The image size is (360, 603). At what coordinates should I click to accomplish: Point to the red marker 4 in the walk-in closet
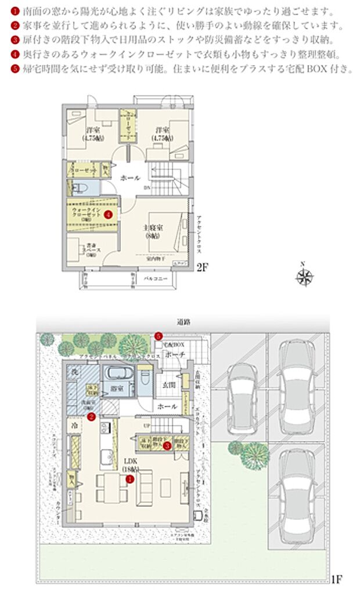coord(108,214)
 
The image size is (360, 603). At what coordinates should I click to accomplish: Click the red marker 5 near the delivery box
coord(159,336)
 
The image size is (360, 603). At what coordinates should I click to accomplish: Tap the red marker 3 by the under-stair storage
coord(167,446)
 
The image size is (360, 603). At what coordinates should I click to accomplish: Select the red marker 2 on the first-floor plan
coord(91,416)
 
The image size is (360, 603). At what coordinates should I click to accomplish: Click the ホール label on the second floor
coord(130,178)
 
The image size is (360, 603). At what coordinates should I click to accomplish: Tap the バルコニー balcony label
coord(156,278)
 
